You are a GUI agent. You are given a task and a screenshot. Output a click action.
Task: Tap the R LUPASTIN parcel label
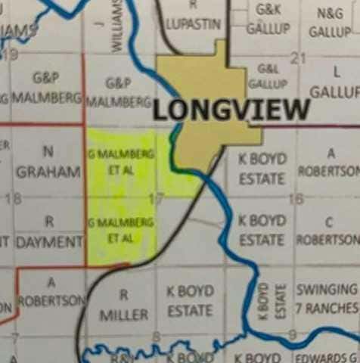(x=194, y=17)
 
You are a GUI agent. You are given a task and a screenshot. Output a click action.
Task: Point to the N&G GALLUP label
(x=330, y=22)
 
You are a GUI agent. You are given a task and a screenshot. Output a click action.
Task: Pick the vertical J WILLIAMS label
(x=115, y=26)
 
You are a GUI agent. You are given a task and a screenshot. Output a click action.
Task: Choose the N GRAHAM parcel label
(x=48, y=164)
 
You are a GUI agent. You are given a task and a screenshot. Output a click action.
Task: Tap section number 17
(x=157, y=200)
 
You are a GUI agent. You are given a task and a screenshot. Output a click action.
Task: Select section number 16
(x=296, y=199)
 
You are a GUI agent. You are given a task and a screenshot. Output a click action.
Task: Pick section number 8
(x=157, y=335)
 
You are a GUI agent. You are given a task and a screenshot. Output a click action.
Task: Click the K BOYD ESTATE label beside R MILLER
(x=190, y=301)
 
